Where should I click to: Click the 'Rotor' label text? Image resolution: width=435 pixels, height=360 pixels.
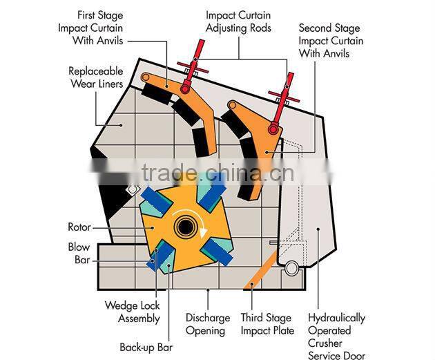coord(79,227)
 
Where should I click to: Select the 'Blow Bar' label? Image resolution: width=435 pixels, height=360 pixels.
coord(79,253)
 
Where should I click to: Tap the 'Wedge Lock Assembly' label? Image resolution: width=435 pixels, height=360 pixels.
coord(132,312)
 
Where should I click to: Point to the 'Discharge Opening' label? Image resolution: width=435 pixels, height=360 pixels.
coord(208,324)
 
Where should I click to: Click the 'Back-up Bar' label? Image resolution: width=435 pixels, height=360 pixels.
coord(146,347)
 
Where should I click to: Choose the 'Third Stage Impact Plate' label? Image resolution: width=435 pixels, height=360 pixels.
coord(267,324)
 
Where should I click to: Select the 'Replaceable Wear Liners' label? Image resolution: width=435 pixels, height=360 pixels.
coord(96,77)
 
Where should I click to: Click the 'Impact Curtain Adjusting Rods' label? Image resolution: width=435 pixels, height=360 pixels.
coord(238,22)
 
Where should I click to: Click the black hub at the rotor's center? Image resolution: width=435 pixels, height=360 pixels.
coord(184,226)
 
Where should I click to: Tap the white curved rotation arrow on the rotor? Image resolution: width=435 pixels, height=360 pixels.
coord(202,225)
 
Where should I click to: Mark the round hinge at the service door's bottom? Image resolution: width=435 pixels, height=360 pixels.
coord(291,267)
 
